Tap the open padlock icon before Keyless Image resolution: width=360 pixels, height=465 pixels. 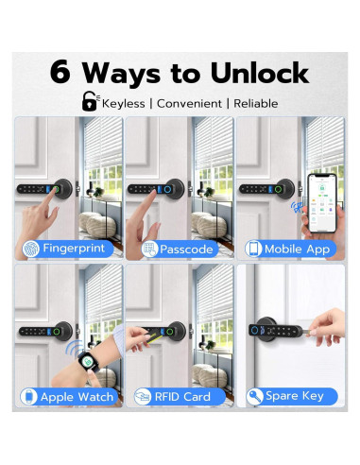[91, 101]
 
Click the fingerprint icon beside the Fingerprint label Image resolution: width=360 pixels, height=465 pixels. [32, 249]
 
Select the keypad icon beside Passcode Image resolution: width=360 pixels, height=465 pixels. [148, 249]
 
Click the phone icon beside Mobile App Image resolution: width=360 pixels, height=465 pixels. [254, 249]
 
